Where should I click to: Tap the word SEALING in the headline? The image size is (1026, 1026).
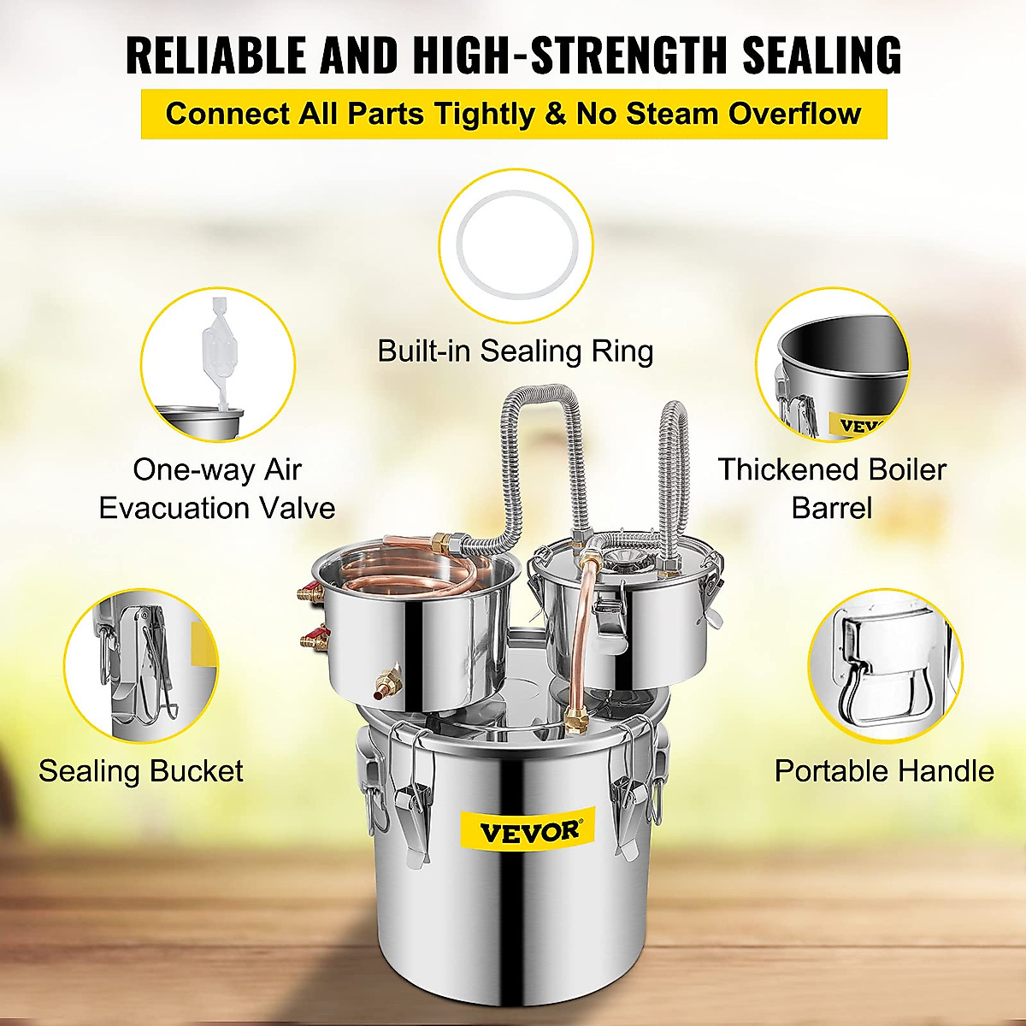pyautogui.click(x=821, y=56)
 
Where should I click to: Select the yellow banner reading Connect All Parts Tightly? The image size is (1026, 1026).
pyautogui.click(x=513, y=114)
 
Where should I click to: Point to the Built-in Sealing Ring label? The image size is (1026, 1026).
pyautogui.click(x=515, y=351)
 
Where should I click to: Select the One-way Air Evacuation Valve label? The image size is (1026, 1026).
pyautogui.click(x=217, y=489)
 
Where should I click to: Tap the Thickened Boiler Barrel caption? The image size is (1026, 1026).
pyautogui.click(x=831, y=489)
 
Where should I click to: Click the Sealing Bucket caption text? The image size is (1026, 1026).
pyautogui.click(x=141, y=771)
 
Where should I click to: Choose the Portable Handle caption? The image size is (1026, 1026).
pyautogui.click(x=884, y=771)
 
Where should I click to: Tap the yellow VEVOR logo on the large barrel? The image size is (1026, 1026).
pyautogui.click(x=528, y=831)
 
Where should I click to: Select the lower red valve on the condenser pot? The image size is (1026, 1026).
pyautogui.click(x=313, y=638)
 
